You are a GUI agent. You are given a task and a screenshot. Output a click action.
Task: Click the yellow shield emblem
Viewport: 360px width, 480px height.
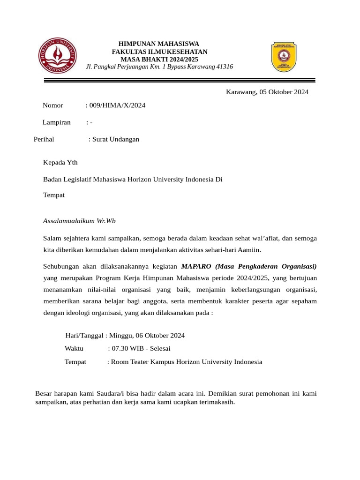point(283,57)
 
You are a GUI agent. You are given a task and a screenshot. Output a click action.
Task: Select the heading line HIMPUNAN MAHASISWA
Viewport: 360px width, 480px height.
point(159,44)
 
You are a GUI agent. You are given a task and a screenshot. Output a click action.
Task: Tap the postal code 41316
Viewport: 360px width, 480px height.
point(224,67)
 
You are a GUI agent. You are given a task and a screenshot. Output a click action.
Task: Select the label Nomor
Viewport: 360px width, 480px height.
point(53,105)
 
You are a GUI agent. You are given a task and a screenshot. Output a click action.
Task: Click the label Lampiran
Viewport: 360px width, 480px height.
point(57,122)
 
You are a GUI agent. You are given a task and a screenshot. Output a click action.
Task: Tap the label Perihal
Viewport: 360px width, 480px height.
point(44,139)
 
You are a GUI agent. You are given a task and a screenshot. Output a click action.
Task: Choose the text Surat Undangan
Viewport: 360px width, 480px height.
point(116,139)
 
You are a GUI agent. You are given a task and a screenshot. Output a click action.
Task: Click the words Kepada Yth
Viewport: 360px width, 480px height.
point(60,163)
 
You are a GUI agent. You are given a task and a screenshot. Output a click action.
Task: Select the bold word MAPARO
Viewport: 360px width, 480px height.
point(197,266)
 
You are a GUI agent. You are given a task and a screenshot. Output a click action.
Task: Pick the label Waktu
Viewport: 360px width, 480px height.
point(74,348)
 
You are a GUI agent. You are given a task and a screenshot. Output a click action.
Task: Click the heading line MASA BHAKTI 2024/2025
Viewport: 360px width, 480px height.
point(159,59)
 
